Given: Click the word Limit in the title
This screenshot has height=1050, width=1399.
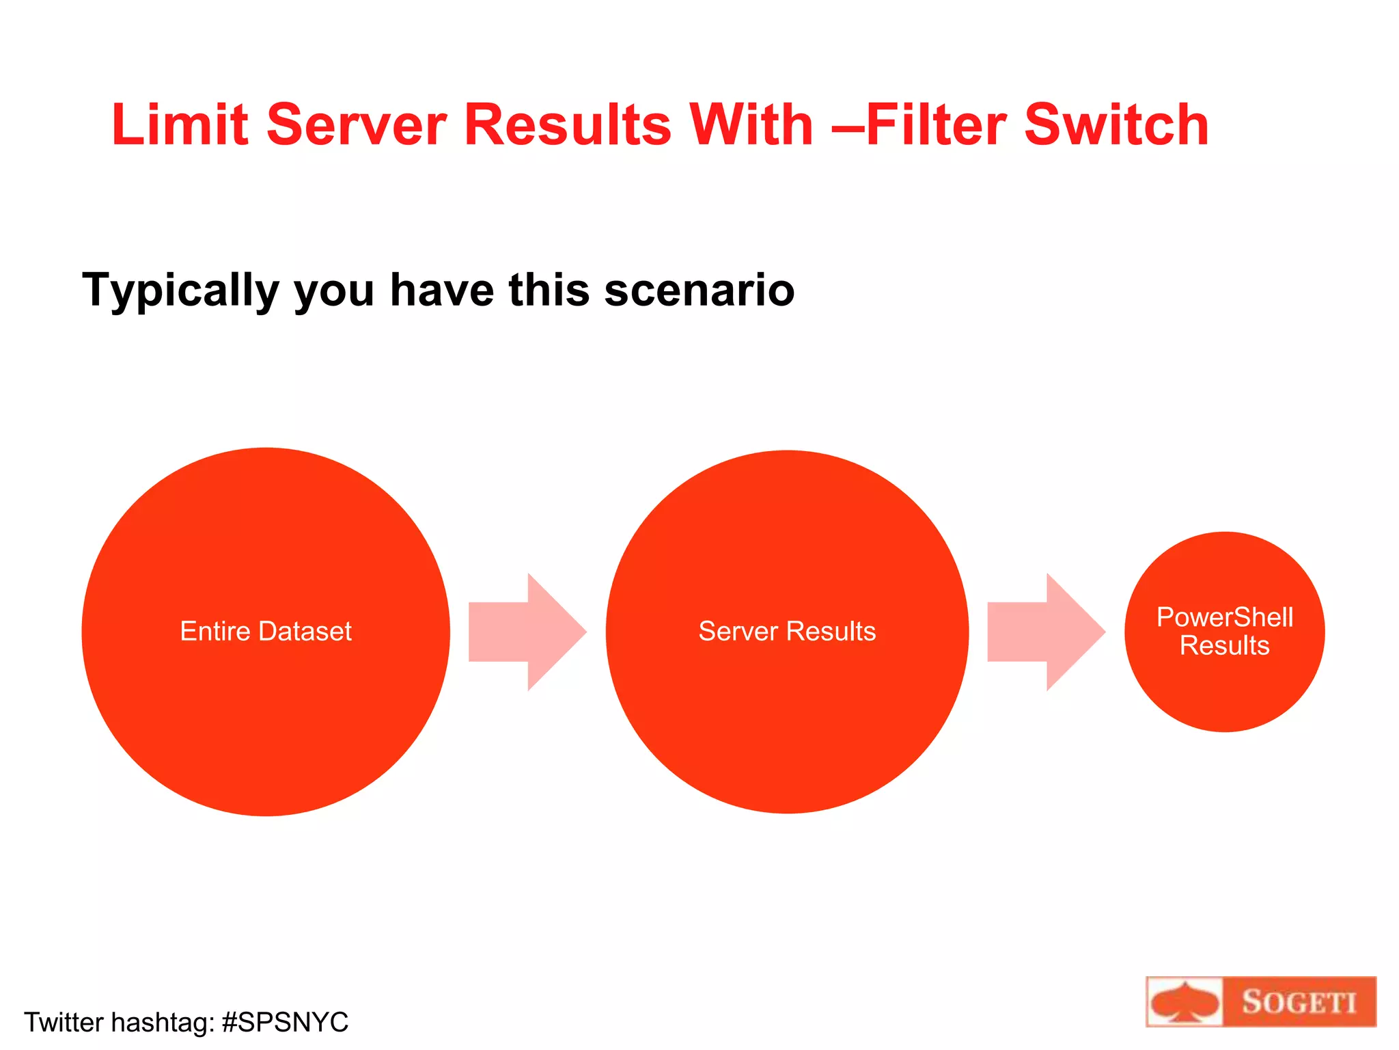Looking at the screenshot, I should (x=179, y=125).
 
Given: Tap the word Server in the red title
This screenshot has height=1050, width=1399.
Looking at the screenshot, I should (x=356, y=125).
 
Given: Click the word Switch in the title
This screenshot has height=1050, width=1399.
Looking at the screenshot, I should (x=1116, y=125).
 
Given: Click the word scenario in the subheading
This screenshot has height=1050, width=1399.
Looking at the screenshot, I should (x=699, y=291).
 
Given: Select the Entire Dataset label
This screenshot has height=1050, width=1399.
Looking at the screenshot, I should (x=266, y=632).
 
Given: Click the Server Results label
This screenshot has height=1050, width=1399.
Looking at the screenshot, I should (x=787, y=632).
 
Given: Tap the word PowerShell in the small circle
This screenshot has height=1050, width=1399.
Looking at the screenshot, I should (x=1225, y=617).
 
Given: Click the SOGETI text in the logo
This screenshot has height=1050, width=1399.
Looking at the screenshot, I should (x=1299, y=1003).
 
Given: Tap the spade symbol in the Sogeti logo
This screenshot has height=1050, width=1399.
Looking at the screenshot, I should (x=1185, y=1003).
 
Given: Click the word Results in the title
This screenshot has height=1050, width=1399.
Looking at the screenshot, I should (x=568, y=125).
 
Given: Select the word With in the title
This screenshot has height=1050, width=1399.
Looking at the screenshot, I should (x=751, y=125).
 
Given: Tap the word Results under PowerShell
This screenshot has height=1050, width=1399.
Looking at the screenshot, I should (x=1225, y=646).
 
